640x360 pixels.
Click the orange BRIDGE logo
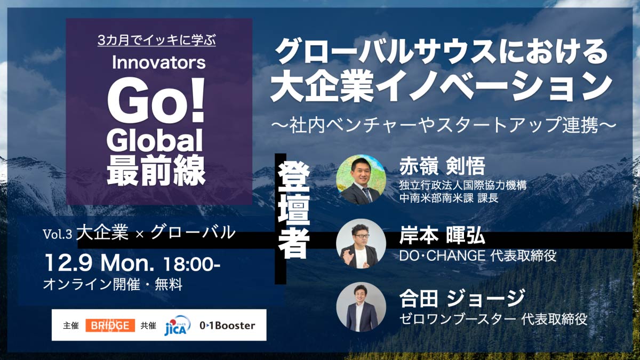[110, 325]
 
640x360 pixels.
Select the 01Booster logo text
[227, 325]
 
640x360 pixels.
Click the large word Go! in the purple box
[156, 100]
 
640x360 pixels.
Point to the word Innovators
[159, 62]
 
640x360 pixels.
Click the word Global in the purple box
[155, 140]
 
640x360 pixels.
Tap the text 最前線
[156, 171]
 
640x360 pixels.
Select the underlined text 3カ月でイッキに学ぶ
[157, 41]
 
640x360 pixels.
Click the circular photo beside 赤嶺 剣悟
[361, 179]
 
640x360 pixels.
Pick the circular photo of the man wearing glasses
[361, 244]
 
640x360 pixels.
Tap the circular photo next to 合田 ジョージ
[361, 307]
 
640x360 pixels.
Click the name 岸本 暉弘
[442, 235]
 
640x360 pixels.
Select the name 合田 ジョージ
[462, 298]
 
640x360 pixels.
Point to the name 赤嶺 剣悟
[442, 166]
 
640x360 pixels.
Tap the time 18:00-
[191, 264]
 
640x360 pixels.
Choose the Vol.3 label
[58, 234]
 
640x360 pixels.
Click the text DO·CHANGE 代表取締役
[478, 255]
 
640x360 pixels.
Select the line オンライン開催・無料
[113, 285]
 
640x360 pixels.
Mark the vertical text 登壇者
[294, 211]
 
